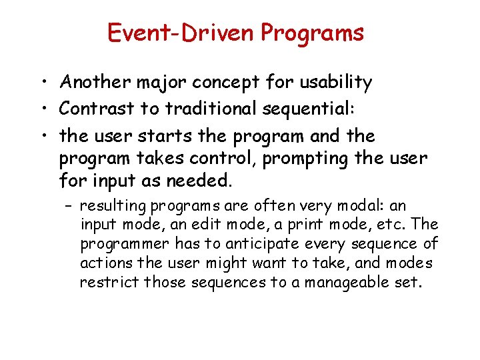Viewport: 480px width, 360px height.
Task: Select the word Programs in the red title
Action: pyautogui.click(x=313, y=33)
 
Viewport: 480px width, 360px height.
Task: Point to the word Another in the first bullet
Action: pyautogui.click(x=96, y=82)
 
